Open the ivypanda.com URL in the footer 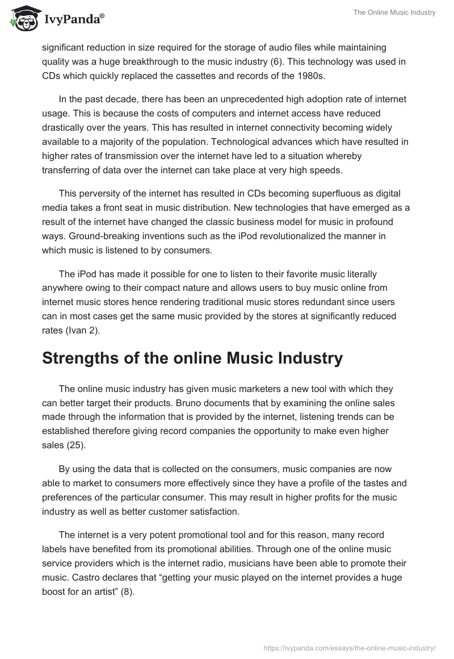click(x=350, y=647)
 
